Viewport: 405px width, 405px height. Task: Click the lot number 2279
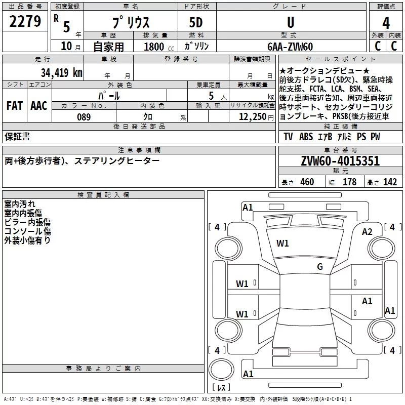(25, 21)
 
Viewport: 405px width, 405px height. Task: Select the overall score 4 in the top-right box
(386, 23)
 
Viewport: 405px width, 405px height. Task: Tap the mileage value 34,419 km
(61, 72)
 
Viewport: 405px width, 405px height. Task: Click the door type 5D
(196, 22)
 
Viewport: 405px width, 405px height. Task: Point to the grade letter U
(291, 22)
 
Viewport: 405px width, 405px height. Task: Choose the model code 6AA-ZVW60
(290, 47)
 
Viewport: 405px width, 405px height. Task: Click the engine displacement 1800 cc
(159, 47)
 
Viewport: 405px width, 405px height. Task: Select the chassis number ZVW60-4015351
(340, 160)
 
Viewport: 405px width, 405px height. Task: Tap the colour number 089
(84, 117)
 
